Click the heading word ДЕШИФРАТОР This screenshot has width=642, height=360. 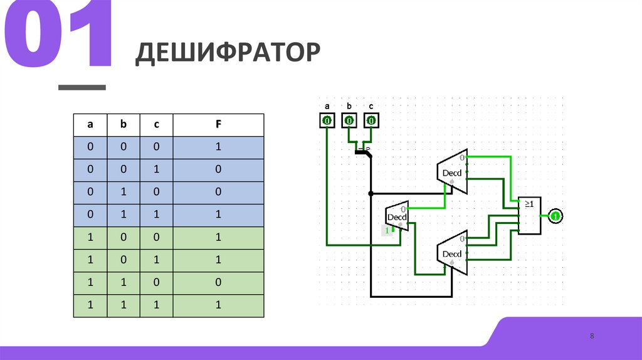pos(228,53)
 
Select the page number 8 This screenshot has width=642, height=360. pos(591,337)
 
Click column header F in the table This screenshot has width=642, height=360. pos(218,125)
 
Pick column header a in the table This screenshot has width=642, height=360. pos(90,125)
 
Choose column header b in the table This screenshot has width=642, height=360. pos(124,125)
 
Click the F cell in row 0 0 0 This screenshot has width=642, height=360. pos(218,147)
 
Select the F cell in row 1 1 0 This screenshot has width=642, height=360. pos(218,283)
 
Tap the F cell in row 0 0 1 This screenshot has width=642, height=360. pos(218,170)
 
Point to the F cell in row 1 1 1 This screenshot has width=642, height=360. pos(218,305)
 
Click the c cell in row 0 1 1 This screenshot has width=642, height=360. pos(157,215)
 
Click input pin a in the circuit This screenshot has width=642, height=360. pos(327,120)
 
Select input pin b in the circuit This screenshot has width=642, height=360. pos(349,120)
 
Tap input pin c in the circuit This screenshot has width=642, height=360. pos(371,120)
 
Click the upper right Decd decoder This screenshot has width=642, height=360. pos(453,172)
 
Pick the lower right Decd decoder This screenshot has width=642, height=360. pos(453,253)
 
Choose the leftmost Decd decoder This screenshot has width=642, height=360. pos(397,217)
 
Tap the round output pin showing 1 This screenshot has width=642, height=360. pos(555,216)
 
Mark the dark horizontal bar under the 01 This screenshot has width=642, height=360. pos(82,87)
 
